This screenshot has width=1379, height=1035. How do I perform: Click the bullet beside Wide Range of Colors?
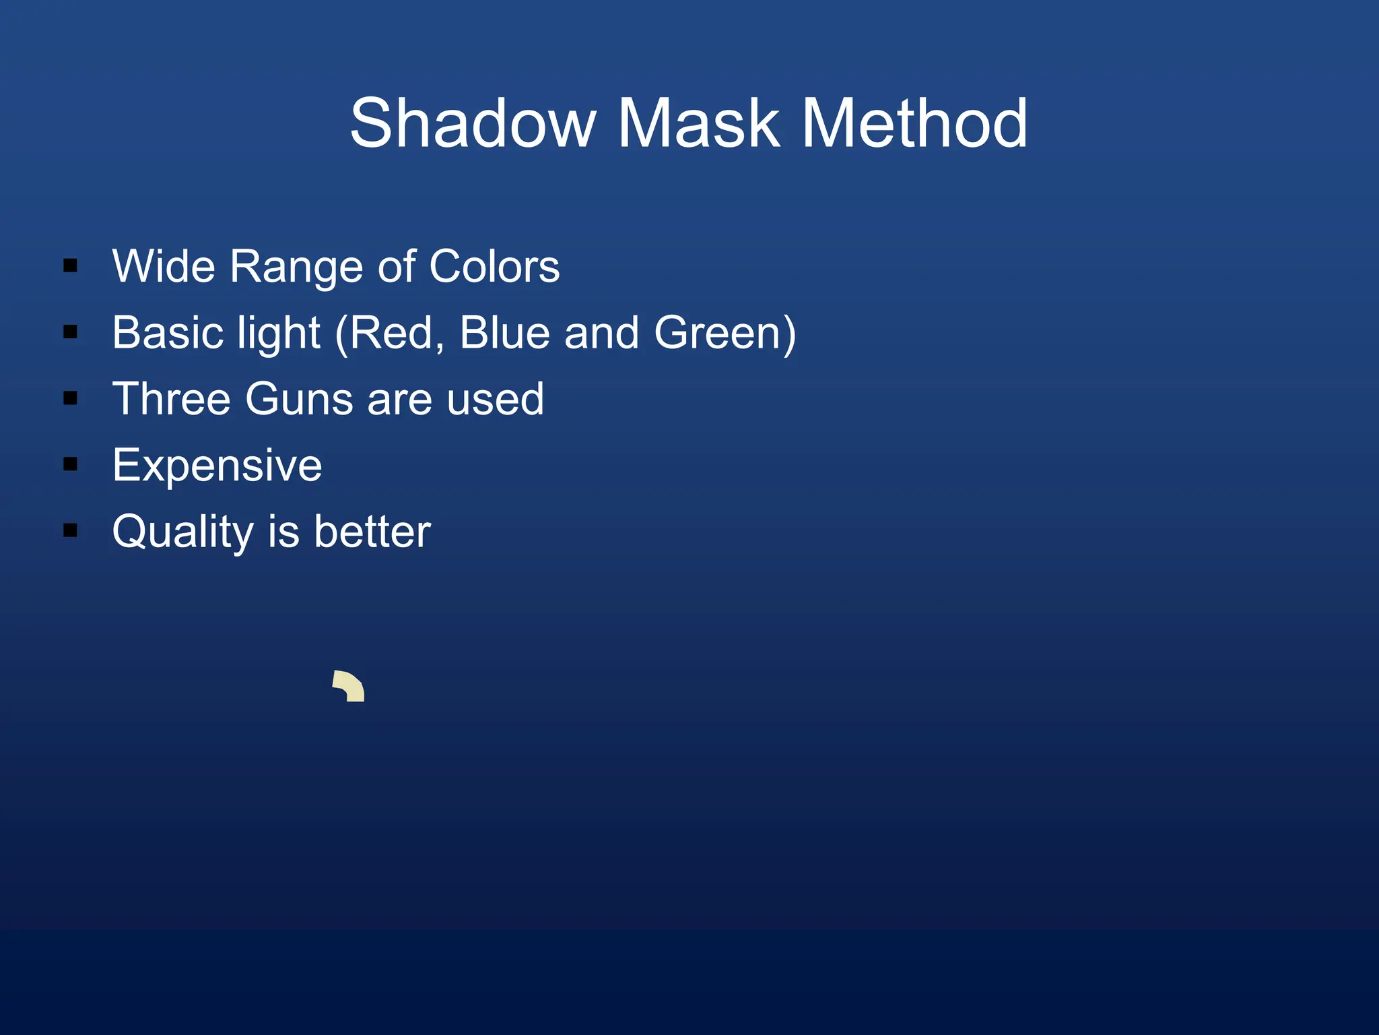[70, 266]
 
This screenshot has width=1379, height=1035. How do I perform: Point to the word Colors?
[494, 266]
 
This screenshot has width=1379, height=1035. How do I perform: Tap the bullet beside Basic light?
[70, 332]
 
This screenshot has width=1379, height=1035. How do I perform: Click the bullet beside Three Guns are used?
[70, 398]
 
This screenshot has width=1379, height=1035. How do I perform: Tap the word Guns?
[300, 399]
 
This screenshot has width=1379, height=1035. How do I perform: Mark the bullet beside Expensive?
[70, 464]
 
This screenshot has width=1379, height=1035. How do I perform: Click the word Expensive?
[217, 466]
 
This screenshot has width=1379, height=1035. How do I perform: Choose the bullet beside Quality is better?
[70, 530]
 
